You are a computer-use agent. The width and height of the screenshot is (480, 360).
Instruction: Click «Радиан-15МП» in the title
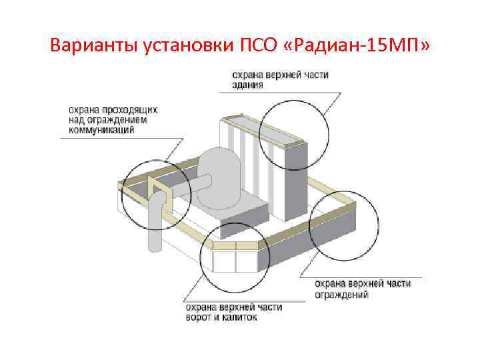pyautogui.click(x=361, y=46)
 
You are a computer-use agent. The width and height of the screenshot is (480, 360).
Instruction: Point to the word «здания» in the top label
pyautogui.click(x=247, y=85)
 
